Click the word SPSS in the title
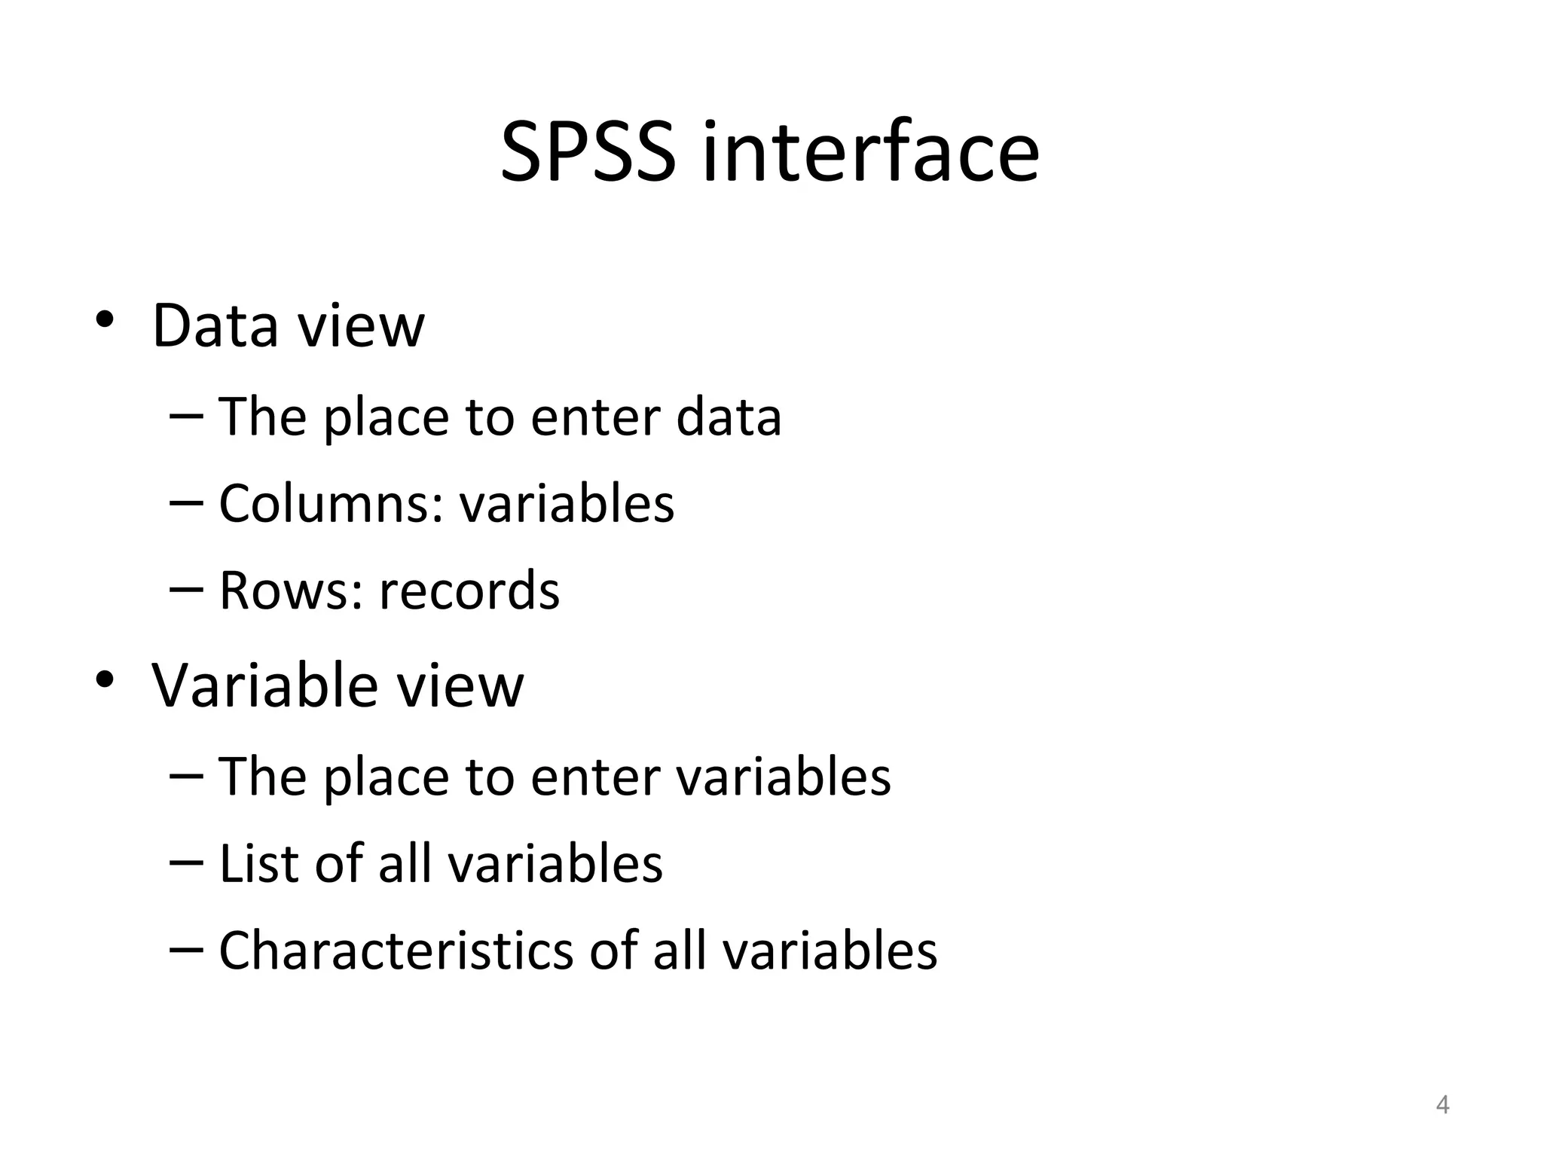point(588,153)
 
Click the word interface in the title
point(870,153)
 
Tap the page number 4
point(1442,1105)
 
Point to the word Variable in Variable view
point(264,685)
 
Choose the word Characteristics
point(396,951)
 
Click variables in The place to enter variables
point(784,777)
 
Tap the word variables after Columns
point(567,503)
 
